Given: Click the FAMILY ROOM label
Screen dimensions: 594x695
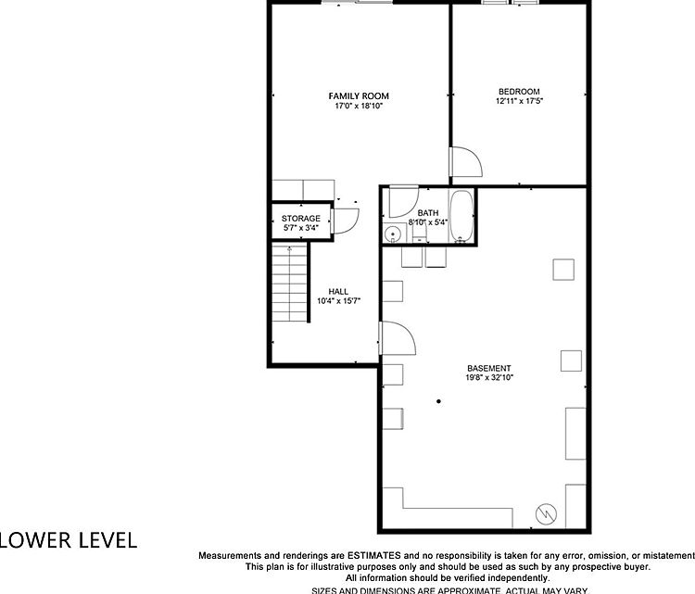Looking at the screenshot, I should [359, 95].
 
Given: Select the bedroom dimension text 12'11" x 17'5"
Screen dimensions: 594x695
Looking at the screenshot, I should [518, 101].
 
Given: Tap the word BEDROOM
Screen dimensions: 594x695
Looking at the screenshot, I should [518, 91].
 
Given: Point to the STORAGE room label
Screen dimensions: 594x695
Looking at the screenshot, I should [301, 218].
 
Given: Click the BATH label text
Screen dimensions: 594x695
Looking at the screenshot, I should [427, 212].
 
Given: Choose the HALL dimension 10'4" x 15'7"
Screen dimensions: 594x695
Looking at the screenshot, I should [338, 300].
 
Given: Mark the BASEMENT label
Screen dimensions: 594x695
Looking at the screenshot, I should [488, 368].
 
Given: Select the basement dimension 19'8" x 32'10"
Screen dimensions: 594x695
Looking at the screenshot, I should [488, 378].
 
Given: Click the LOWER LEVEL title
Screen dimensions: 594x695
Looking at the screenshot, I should [69, 539].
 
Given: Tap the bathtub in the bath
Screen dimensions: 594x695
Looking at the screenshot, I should [461, 218].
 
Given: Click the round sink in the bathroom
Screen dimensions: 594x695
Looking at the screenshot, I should [392, 234].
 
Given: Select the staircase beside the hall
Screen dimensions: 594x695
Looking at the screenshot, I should [289, 284].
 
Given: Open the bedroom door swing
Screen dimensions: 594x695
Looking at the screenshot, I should [465, 164].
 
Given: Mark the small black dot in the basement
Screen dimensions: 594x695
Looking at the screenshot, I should [438, 401].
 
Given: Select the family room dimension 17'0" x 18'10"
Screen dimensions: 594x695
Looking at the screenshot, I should [359, 106].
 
